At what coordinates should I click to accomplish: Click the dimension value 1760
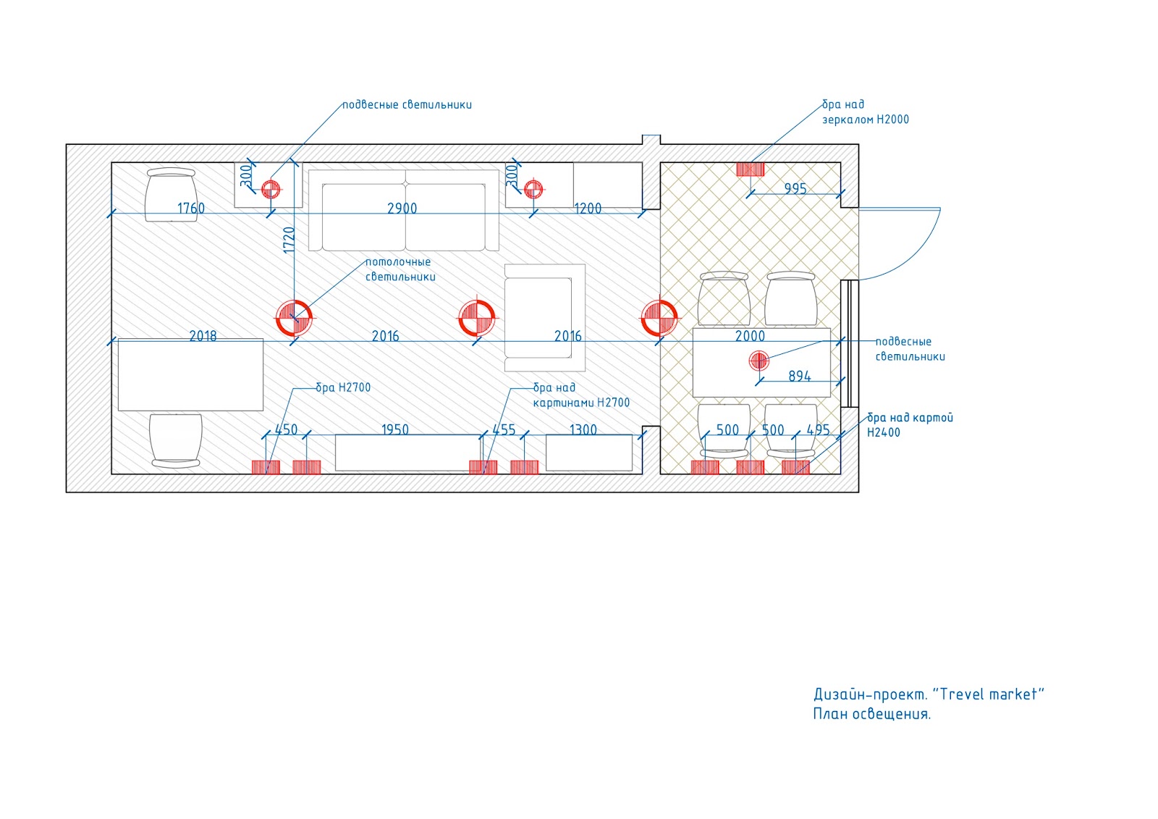coord(191,209)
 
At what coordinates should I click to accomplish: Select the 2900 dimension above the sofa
coord(402,209)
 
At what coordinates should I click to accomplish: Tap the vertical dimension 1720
coord(289,240)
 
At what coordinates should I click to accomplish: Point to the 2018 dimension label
coord(203,336)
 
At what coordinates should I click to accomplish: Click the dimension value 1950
coord(395,430)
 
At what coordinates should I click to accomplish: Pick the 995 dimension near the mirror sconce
coord(795,189)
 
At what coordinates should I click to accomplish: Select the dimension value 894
coord(800,377)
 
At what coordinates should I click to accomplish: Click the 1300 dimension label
coord(583,430)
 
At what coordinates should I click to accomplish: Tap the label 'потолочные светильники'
coord(400,269)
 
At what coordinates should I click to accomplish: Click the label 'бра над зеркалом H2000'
coord(865,112)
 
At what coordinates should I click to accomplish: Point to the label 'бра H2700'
coord(343,387)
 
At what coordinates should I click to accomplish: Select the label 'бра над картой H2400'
coord(910,425)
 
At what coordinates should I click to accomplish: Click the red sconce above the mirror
coord(751,169)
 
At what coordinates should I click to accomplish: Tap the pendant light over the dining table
coord(758,360)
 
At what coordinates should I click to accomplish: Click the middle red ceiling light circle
coord(477,318)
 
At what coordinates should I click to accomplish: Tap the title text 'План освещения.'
coord(871,714)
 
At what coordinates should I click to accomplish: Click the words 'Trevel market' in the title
coord(988,694)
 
